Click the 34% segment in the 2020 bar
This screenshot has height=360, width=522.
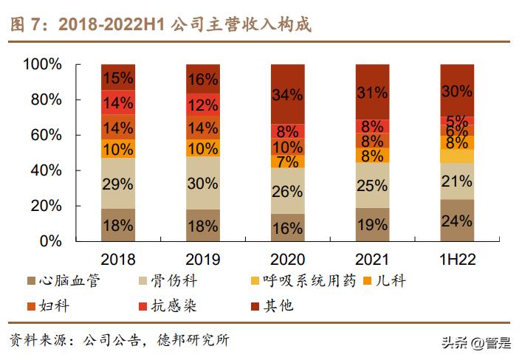tap(287, 94)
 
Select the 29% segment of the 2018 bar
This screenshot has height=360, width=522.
tap(118, 184)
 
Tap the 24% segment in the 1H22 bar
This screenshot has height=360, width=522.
tap(456, 221)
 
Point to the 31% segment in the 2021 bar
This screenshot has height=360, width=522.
tap(372, 92)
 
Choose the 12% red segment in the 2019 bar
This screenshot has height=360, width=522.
tap(202, 105)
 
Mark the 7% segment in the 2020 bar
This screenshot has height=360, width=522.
tap(287, 162)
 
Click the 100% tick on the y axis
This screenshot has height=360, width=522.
tap(42, 65)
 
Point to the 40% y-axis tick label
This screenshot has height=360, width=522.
tap(47, 170)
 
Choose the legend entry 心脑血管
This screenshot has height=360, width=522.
tap(71, 281)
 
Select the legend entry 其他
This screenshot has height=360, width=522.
tap(279, 305)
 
